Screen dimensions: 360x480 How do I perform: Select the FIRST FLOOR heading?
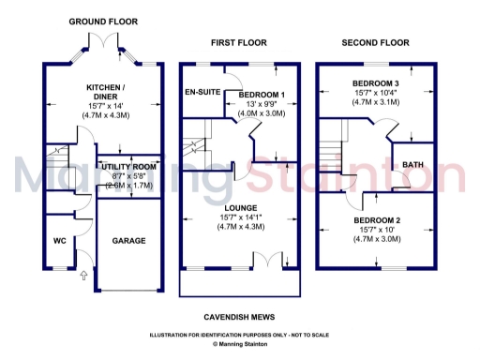tap(239, 43)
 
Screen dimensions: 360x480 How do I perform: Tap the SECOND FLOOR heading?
tap(375, 43)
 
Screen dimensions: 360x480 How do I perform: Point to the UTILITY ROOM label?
tap(128, 167)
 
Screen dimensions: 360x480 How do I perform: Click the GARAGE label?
tap(129, 241)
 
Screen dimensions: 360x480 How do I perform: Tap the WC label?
tap(59, 241)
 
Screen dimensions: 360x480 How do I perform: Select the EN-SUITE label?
tap(202, 93)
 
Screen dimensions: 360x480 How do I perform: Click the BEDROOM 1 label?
tap(262, 96)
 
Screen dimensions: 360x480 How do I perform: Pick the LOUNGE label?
tap(240, 207)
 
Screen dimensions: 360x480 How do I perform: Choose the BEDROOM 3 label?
tap(375, 84)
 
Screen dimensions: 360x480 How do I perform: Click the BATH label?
tap(412, 166)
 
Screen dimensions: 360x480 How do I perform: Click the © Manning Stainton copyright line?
tap(240, 344)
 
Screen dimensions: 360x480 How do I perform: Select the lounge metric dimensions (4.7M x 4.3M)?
tap(240, 226)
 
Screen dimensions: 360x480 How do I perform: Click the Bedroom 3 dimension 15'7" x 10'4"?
tap(375, 94)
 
